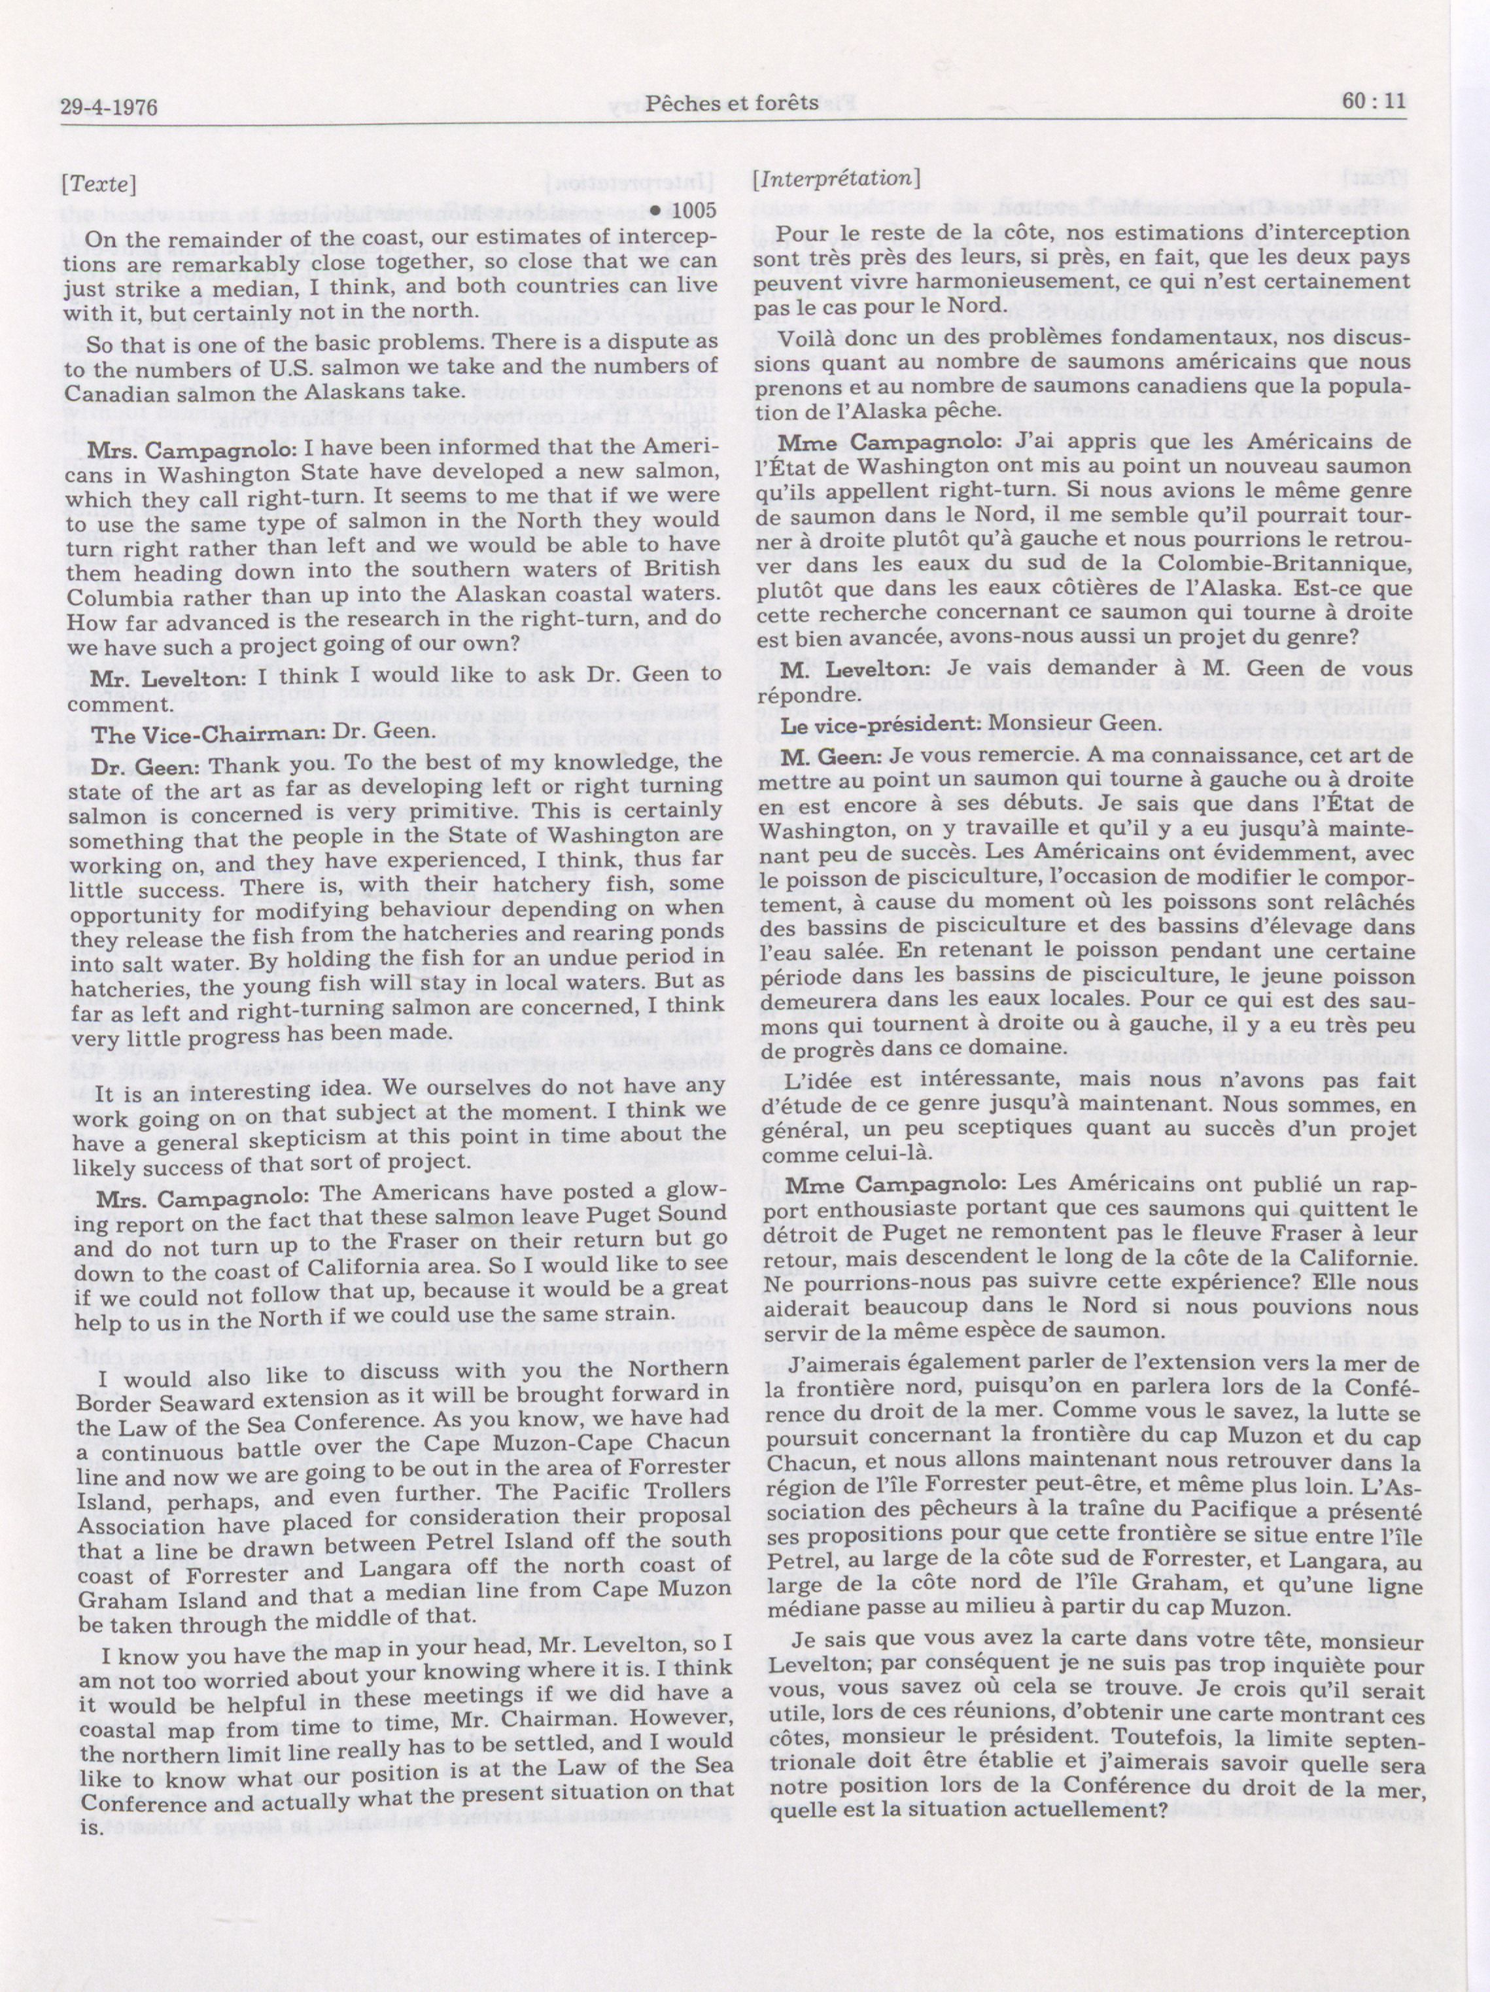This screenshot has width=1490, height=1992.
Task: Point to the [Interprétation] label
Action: (x=835, y=180)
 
